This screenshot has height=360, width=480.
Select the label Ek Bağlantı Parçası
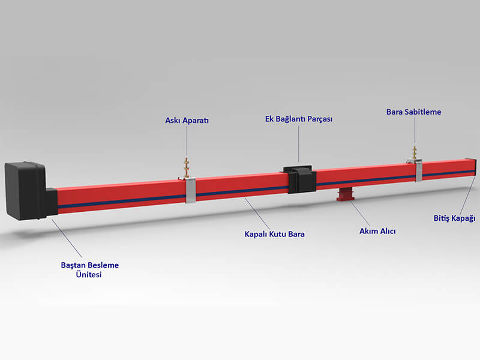point(299,119)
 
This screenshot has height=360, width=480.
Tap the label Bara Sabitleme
point(413,111)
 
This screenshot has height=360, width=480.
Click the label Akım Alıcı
point(377,231)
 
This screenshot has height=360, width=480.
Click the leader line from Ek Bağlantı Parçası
point(299,143)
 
